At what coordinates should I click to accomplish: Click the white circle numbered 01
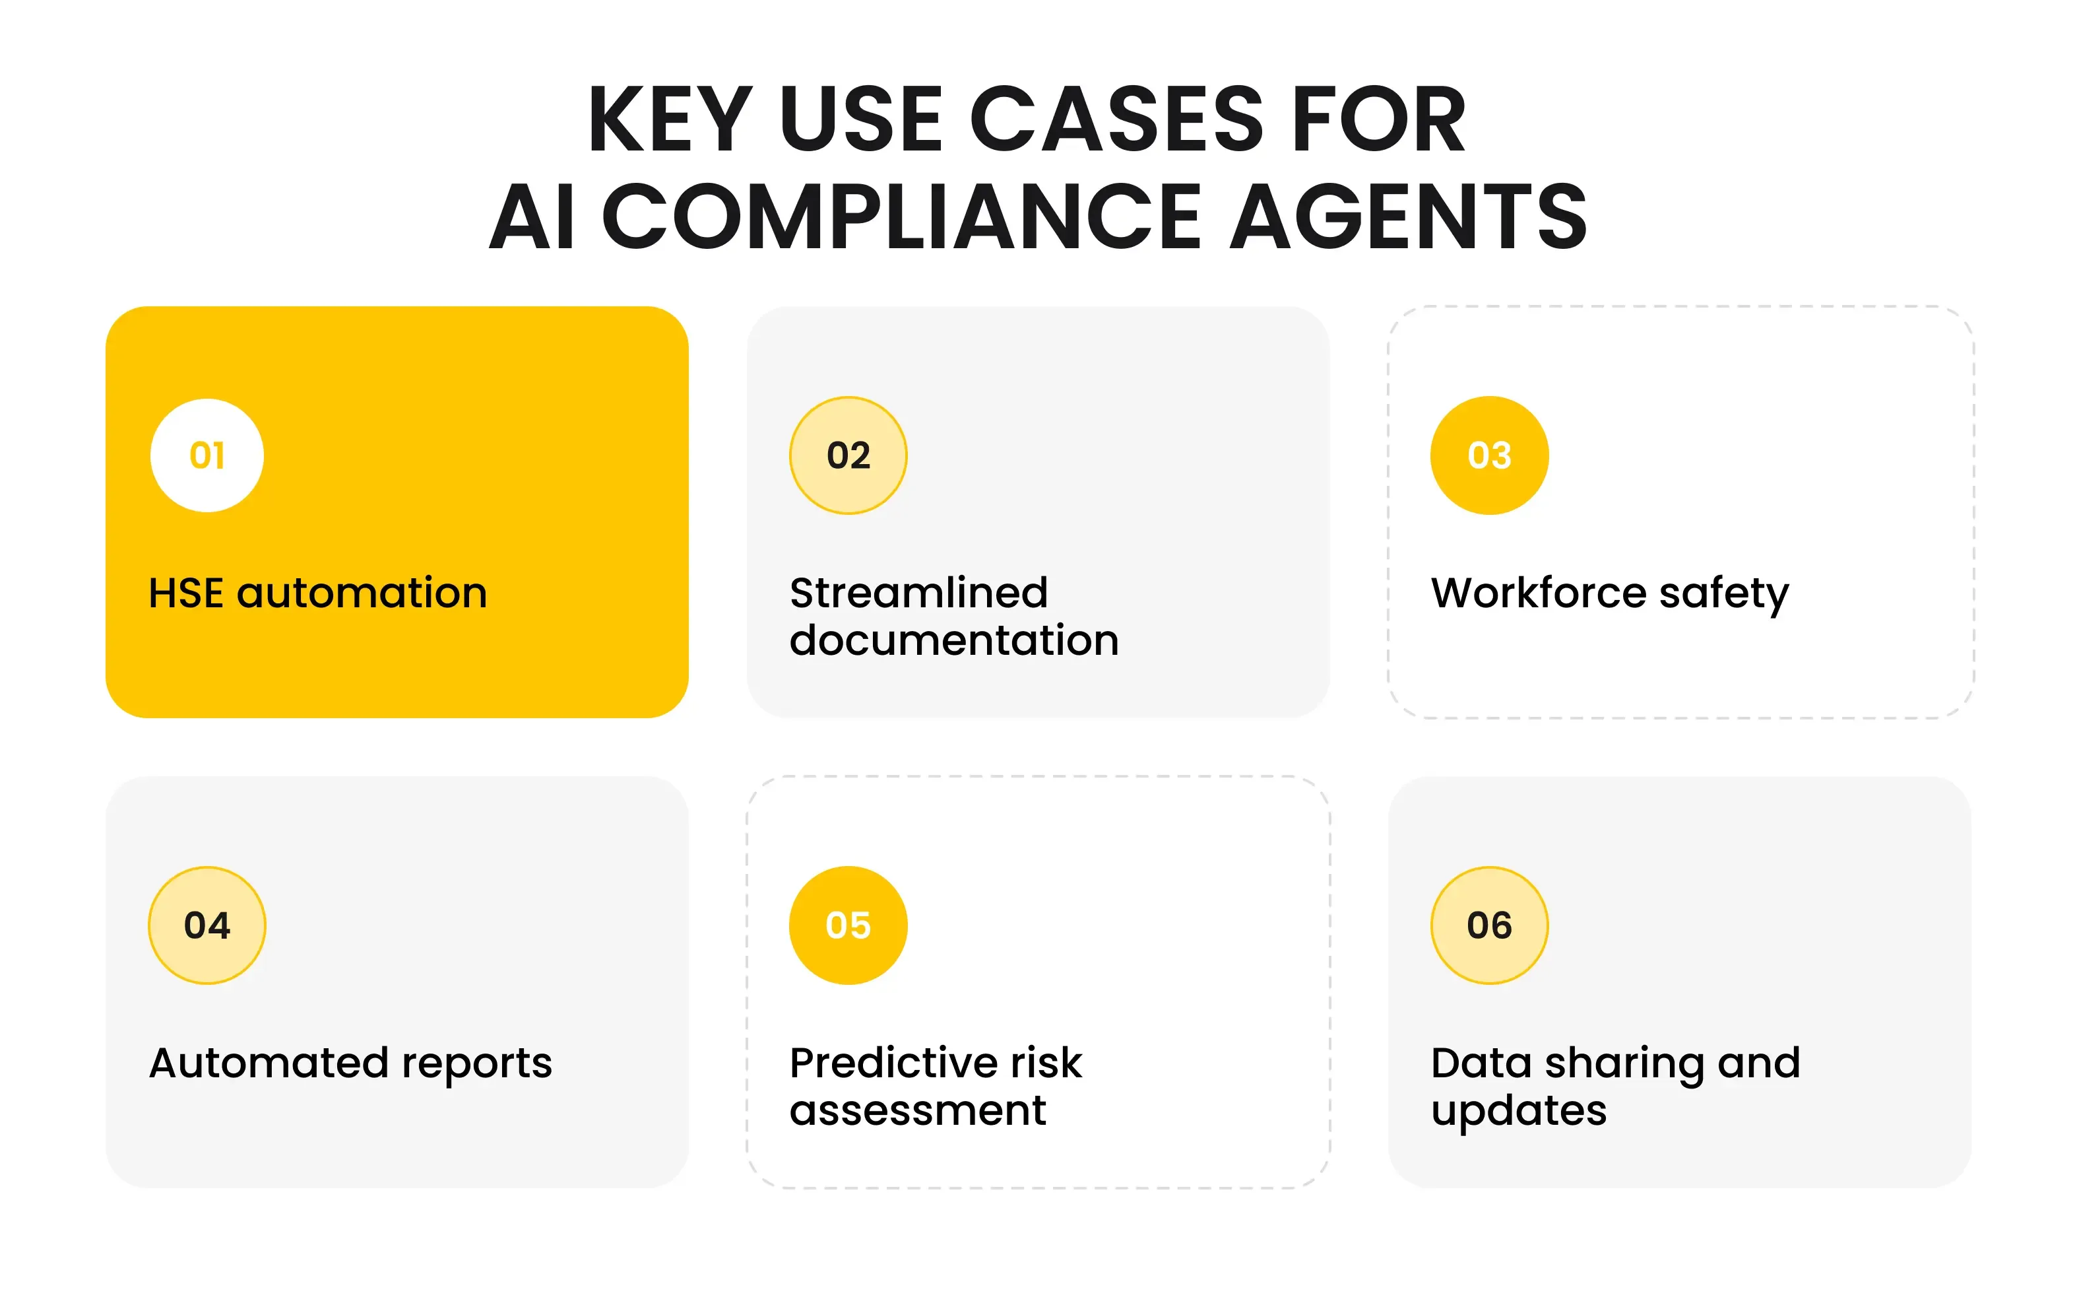(207, 455)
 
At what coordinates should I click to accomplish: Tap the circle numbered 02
(848, 455)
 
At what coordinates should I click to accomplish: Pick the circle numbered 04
(207, 925)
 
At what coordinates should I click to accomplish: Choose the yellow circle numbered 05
(848, 925)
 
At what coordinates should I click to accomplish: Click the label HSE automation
(317, 593)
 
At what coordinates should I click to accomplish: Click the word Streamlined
(918, 593)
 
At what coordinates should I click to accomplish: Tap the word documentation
(954, 640)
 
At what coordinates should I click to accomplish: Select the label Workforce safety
(1609, 593)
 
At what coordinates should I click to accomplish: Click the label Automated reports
(350, 1063)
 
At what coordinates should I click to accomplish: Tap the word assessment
(918, 1110)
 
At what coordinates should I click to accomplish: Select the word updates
(1519, 1110)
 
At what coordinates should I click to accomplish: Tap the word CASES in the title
(1117, 120)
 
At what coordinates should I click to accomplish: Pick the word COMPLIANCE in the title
(901, 217)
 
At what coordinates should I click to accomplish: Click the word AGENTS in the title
(1408, 217)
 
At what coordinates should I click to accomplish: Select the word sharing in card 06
(1623, 1063)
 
